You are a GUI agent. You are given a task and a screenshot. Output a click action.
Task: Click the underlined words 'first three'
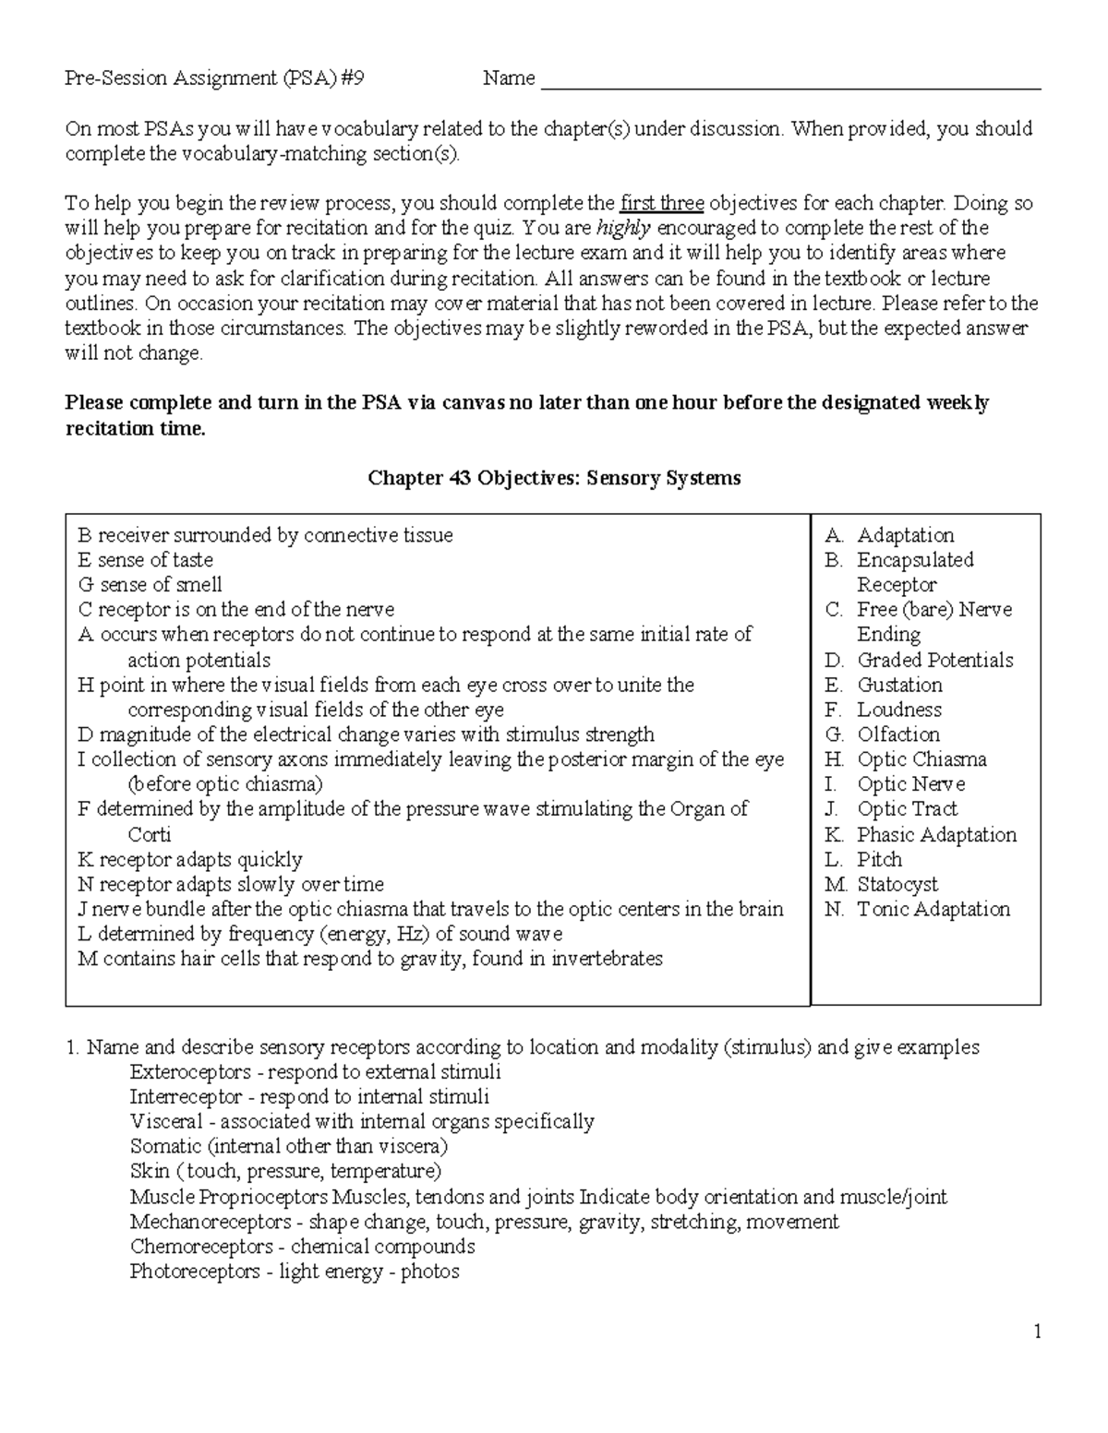pyautogui.click(x=661, y=203)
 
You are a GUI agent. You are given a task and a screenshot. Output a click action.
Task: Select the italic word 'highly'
pyautogui.click(x=624, y=228)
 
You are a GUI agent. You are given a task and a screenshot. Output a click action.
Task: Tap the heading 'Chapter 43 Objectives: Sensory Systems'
pyautogui.click(x=554, y=478)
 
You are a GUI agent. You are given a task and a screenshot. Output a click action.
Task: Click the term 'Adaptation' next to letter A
pyautogui.click(x=905, y=535)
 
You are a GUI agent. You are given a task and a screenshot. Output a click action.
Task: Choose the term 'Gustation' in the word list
pyautogui.click(x=899, y=685)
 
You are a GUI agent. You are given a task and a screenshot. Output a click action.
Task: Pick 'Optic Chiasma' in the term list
pyautogui.click(x=921, y=759)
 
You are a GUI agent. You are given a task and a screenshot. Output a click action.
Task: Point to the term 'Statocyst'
pyautogui.click(x=897, y=884)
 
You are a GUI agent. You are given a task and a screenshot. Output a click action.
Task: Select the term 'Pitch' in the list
pyautogui.click(x=879, y=859)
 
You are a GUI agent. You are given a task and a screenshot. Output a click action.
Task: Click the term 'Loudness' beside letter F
pyautogui.click(x=898, y=710)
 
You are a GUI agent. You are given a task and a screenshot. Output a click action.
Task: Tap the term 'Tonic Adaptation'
pyautogui.click(x=933, y=909)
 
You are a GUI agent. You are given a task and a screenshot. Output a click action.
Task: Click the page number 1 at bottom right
pyautogui.click(x=1037, y=1331)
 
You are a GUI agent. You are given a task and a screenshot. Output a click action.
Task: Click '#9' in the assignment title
pyautogui.click(x=352, y=78)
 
